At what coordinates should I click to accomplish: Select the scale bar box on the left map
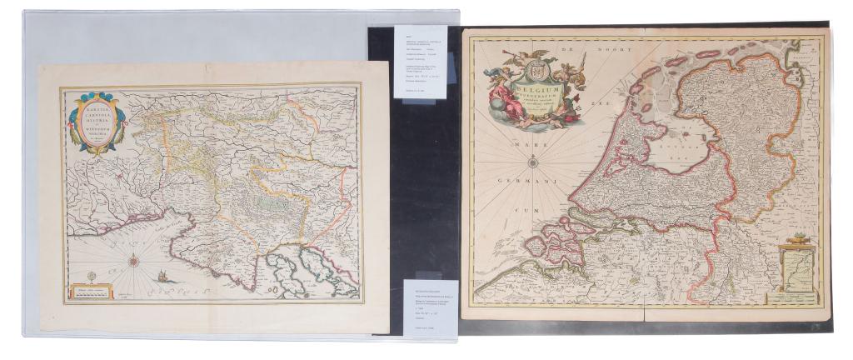[x=92, y=292]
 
